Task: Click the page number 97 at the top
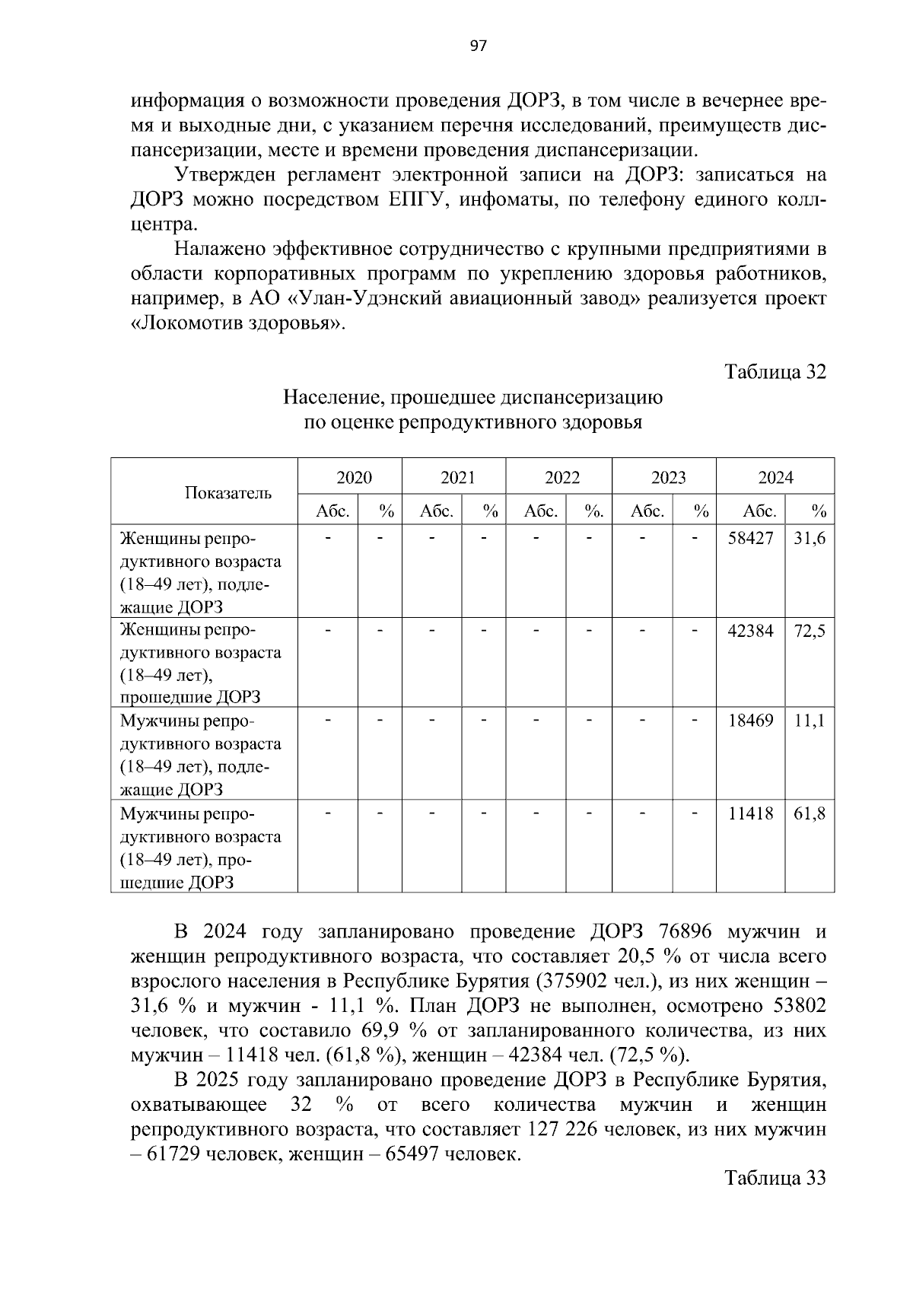[x=477, y=46]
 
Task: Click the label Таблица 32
[x=775, y=372]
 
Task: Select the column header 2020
[x=354, y=478]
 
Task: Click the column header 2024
[x=775, y=478]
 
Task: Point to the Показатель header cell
[x=227, y=492]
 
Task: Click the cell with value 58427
[x=750, y=539]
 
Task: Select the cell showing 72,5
[x=810, y=631]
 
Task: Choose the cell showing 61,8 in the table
[x=810, y=814]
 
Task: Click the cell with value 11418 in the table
[x=750, y=814]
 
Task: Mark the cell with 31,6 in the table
[x=810, y=539]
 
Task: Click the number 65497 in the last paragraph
[x=411, y=1154]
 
